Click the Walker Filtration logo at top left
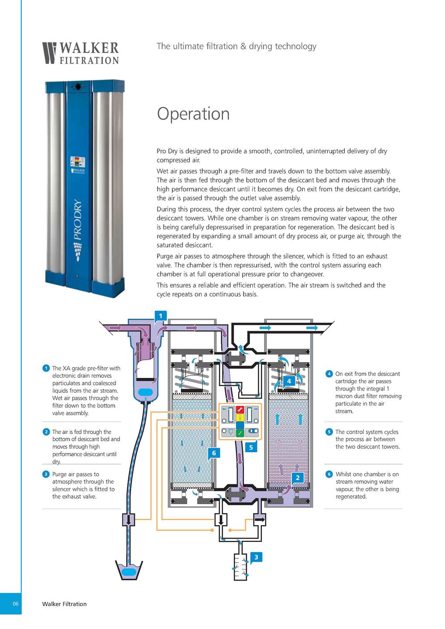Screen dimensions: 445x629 [x=81, y=53]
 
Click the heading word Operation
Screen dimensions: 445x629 [x=193, y=114]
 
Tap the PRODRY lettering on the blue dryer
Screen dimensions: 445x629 [x=78, y=219]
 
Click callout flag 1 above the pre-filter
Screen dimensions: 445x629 [x=160, y=317]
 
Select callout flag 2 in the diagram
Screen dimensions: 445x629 [x=297, y=478]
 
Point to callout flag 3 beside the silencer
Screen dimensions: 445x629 [x=256, y=557]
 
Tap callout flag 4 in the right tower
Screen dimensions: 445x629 [x=289, y=381]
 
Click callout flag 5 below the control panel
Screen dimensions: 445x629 [x=251, y=448]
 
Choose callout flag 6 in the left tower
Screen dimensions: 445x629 [x=214, y=453]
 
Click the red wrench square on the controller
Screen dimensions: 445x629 [x=240, y=410]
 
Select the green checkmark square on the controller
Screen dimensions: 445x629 [x=240, y=433]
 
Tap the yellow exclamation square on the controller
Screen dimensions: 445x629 [x=240, y=418]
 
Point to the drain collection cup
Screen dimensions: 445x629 [x=129, y=570]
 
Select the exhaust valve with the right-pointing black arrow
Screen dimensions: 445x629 [x=259, y=519]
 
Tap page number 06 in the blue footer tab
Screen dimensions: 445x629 [x=15, y=603]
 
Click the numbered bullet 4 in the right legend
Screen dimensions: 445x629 [x=329, y=374]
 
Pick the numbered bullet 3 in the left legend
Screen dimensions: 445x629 [x=46, y=474]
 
